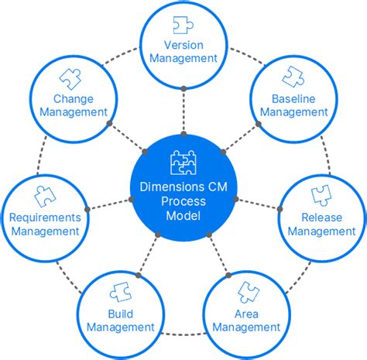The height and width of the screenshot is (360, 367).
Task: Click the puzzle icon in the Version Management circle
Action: (x=183, y=26)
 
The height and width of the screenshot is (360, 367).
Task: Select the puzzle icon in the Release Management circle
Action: (x=321, y=195)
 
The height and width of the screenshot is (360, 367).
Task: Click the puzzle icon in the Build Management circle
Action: (x=121, y=292)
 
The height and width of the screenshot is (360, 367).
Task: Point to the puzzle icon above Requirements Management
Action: (x=46, y=195)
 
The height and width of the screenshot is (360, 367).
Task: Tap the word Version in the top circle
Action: (x=183, y=45)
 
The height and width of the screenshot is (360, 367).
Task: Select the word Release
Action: (x=321, y=217)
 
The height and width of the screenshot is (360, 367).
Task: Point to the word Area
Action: (x=246, y=314)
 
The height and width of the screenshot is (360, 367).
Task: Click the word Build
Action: (x=121, y=314)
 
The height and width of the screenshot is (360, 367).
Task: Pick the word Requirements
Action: (x=45, y=217)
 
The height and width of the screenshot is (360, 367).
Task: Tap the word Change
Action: (x=74, y=98)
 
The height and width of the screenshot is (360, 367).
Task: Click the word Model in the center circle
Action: (x=183, y=215)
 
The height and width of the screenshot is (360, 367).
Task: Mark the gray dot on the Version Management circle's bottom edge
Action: (x=183, y=88)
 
